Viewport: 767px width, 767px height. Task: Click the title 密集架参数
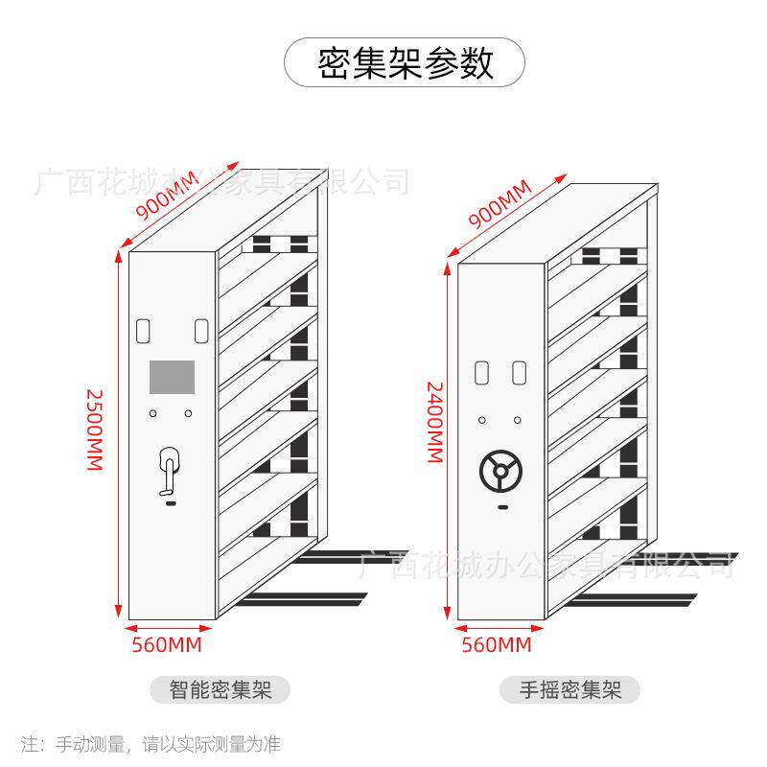(405, 63)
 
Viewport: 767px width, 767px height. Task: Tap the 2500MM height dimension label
(94, 428)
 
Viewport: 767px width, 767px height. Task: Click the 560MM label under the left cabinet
(167, 644)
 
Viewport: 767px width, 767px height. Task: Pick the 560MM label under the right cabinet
(496, 644)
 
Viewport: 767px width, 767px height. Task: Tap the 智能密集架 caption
(220, 688)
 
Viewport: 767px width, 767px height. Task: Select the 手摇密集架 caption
(569, 688)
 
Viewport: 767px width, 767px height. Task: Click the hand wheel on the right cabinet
(500, 471)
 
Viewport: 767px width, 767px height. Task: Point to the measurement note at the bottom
(151, 743)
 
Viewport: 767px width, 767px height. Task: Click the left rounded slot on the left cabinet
(144, 330)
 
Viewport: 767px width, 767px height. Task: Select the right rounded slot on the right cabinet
(519, 370)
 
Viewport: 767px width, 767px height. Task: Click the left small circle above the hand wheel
(482, 420)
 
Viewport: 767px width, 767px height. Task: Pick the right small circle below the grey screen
(189, 413)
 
